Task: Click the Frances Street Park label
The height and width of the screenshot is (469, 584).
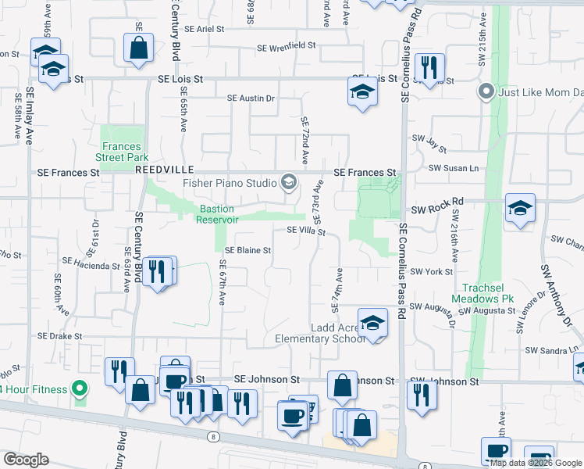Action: tap(121, 152)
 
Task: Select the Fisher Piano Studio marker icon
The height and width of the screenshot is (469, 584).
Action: tap(289, 183)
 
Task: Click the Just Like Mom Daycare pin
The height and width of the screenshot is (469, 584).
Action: tap(486, 92)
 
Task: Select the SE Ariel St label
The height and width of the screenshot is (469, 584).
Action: tap(205, 28)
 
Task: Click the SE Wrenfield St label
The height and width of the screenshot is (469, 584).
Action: tap(287, 47)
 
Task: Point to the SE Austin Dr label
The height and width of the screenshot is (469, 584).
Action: tap(251, 98)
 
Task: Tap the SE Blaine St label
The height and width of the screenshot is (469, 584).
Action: tap(247, 251)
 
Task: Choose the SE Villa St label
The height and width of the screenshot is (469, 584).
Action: tap(305, 231)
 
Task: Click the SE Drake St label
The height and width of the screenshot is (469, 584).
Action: tap(60, 336)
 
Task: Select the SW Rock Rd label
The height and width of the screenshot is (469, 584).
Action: tap(437, 202)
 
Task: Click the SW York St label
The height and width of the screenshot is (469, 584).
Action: tap(431, 271)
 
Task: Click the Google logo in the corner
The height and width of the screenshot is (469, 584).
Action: tap(26, 460)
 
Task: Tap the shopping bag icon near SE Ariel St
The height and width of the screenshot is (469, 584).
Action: tap(138, 48)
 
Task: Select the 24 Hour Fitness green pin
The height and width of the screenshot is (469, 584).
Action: tap(79, 388)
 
